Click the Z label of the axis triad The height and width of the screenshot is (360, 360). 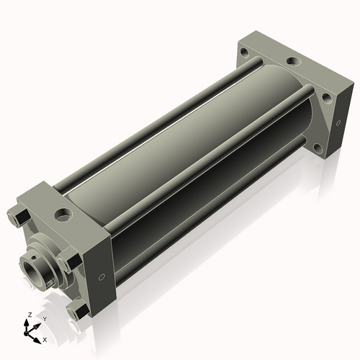tap(30, 315)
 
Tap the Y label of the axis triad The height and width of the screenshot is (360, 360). tap(45, 319)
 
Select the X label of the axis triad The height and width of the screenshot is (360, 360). tap(45, 340)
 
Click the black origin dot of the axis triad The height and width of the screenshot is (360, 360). tap(26, 333)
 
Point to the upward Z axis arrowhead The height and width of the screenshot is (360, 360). tap(26, 323)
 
